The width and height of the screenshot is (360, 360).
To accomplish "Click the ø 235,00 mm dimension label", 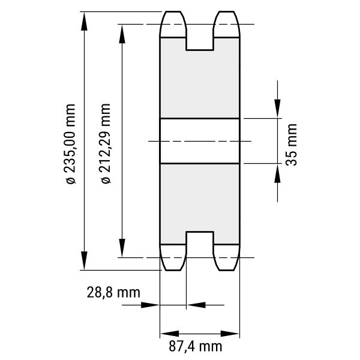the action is [70, 144].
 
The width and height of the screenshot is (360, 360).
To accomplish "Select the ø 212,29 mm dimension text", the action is [106, 143].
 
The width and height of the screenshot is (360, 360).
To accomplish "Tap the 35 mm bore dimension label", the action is [291, 145].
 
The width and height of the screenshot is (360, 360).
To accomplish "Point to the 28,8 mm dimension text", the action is [113, 293].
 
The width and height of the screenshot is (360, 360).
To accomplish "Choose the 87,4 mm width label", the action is [196, 346].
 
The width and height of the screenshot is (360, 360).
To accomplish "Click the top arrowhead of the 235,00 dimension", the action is [84, 21].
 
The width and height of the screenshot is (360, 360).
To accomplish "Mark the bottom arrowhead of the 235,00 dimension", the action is [84, 260].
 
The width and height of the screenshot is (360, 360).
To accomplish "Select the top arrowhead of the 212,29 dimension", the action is [122, 34].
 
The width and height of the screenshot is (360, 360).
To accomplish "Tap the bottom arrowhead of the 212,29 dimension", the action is [122, 248].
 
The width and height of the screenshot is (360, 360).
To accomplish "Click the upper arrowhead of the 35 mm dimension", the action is [277, 109].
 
